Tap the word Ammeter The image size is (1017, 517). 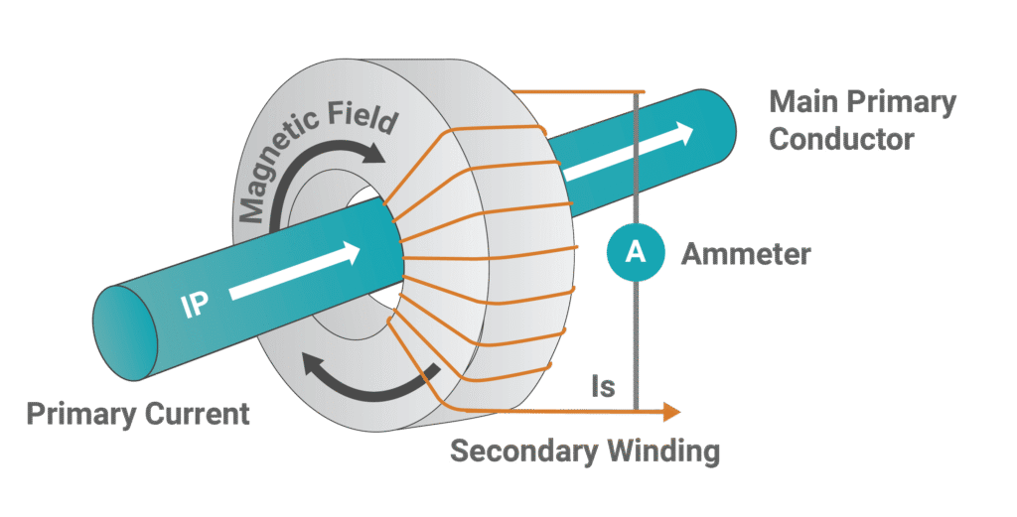[746, 254]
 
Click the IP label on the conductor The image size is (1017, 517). [196, 304]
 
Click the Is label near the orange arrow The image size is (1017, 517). [603, 387]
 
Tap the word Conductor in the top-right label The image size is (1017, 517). [841, 139]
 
